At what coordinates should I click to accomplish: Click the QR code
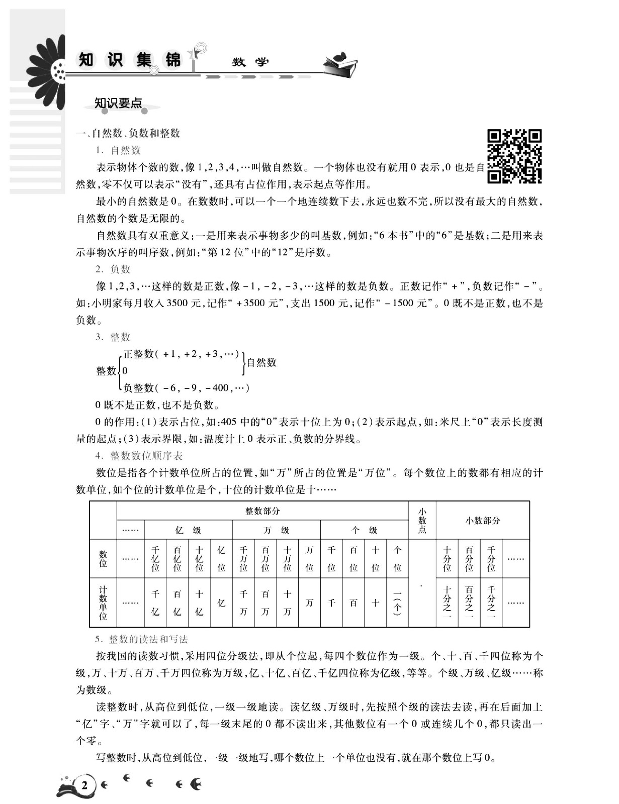tap(514, 156)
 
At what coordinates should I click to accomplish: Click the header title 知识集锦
tap(130, 60)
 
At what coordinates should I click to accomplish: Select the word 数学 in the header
tap(250, 62)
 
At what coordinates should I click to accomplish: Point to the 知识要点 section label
tap(118, 104)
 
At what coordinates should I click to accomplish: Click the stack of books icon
tap(341, 65)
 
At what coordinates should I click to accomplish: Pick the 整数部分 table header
tap(262, 511)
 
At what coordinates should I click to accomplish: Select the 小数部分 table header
tap(483, 521)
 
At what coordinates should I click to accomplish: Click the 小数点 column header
tap(422, 521)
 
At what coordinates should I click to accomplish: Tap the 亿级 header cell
tap(188, 530)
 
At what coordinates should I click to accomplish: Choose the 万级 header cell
tap(276, 530)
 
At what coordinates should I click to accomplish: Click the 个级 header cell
tap(364, 530)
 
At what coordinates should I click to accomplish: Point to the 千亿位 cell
tap(155, 559)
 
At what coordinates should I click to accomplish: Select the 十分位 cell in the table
tap(447, 559)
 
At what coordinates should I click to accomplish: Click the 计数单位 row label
tap(103, 602)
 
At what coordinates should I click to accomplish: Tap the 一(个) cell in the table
tap(397, 602)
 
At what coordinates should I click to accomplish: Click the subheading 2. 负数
tap(113, 269)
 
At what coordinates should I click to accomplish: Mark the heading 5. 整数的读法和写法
tap(142, 639)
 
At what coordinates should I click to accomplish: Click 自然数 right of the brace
tap(261, 362)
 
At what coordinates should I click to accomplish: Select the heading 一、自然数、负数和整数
tap(128, 133)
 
